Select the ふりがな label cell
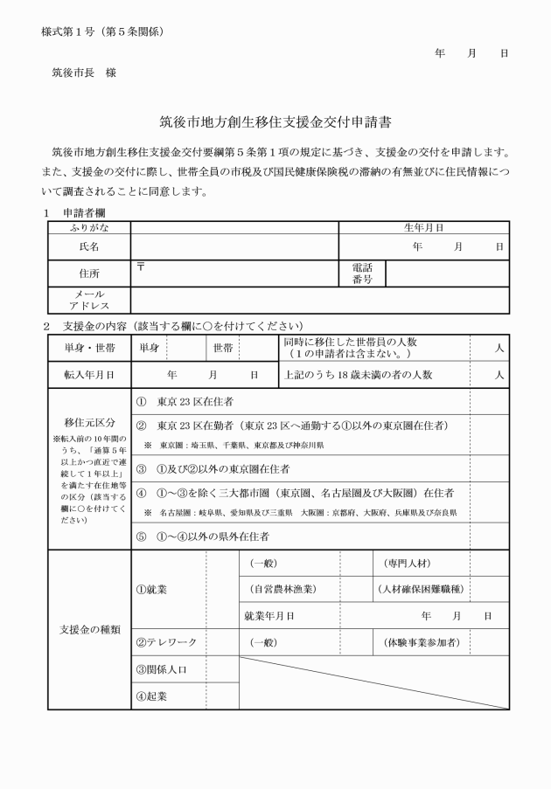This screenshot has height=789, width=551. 88,227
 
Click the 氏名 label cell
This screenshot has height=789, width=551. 88,246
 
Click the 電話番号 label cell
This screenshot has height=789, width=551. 362,273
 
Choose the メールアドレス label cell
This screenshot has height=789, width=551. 88,301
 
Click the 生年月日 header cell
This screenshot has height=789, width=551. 423,227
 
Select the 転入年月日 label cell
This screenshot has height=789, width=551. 88,375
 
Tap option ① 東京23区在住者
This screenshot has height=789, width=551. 185,402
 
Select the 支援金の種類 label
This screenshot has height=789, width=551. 88,629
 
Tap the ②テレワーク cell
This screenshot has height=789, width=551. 166,642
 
